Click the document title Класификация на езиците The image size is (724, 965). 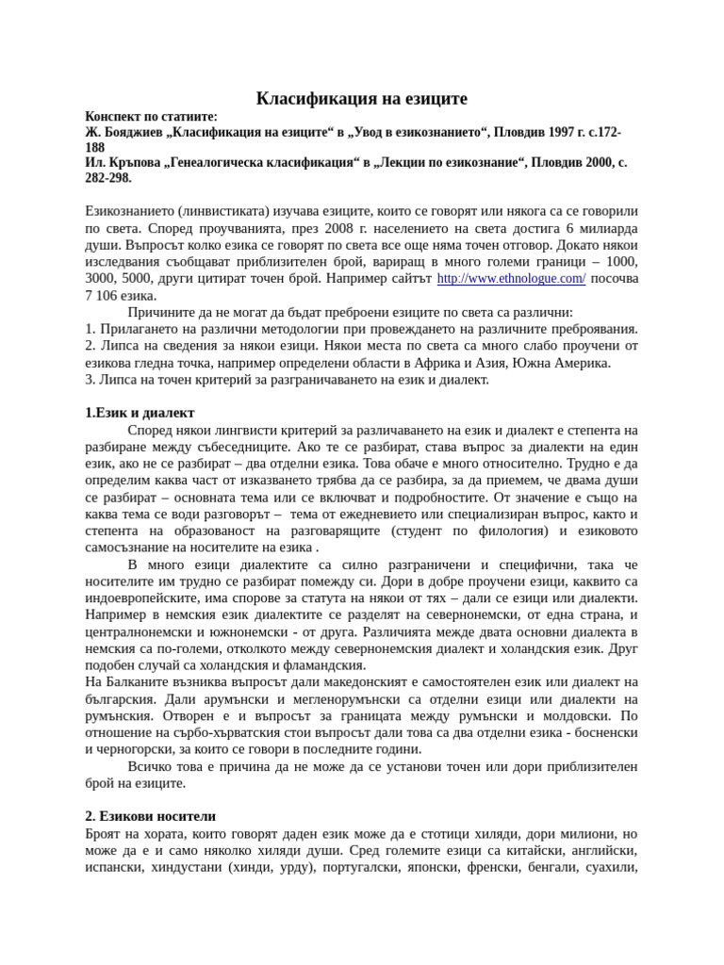(x=362, y=99)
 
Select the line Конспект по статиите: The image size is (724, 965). (x=151, y=117)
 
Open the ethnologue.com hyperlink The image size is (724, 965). (x=511, y=279)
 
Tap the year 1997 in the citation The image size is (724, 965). (x=554, y=133)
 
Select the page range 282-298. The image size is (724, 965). (x=107, y=178)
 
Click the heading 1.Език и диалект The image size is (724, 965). (x=140, y=413)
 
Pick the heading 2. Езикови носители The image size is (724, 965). (x=150, y=816)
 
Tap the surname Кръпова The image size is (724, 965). (x=132, y=162)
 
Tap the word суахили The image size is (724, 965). (x=613, y=867)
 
